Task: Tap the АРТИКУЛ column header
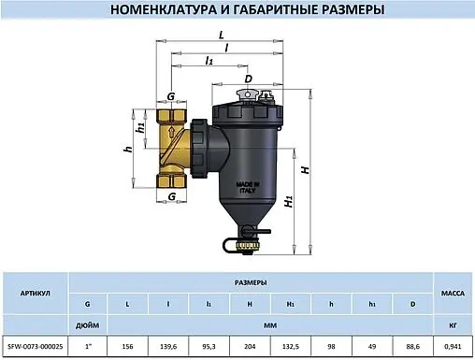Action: coord(36,293)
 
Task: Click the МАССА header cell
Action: coord(453,293)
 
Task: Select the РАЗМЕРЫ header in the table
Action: coord(250,281)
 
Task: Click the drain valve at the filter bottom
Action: coord(245,246)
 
